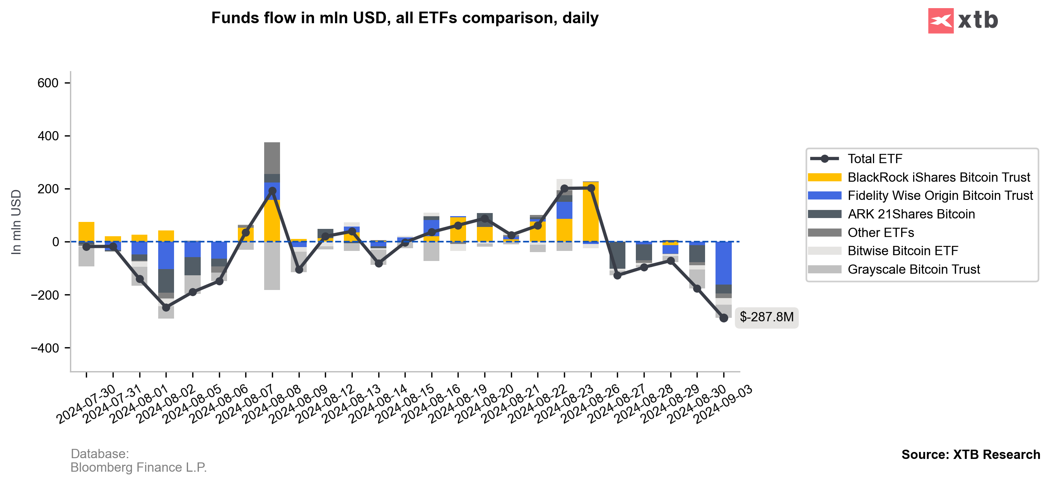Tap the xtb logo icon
click(x=941, y=20)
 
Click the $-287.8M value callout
click(x=766, y=317)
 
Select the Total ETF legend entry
click(x=874, y=159)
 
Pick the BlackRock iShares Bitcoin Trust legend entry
click(x=938, y=177)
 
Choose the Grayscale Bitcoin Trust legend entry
click(x=913, y=269)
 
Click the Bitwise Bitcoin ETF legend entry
click(x=903, y=251)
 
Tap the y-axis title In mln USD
click(x=16, y=222)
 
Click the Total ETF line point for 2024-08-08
click(x=272, y=191)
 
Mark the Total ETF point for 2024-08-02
click(x=166, y=307)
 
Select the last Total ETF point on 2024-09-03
click(x=724, y=318)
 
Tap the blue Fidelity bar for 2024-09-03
click(x=724, y=263)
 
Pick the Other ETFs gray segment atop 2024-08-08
click(x=272, y=158)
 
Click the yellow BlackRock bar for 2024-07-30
click(x=86, y=232)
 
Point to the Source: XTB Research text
click(x=970, y=455)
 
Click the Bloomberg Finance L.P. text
click(x=138, y=467)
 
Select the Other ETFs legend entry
click(x=881, y=232)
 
